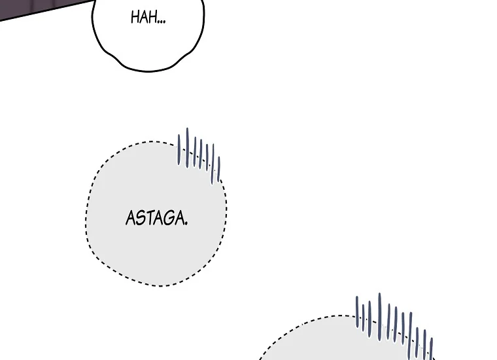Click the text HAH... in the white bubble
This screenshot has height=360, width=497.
[148, 18]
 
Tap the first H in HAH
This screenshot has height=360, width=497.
[135, 18]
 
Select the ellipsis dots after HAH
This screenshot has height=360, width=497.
[162, 22]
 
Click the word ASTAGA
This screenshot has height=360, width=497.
[156, 218]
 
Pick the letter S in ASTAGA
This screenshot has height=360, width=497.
[141, 218]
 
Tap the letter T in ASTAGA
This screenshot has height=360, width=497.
[150, 218]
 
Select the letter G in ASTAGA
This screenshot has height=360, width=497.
[168, 218]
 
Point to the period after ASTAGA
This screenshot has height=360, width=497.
[186, 224]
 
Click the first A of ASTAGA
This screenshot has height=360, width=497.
[131, 218]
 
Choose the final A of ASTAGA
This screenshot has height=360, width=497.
[179, 218]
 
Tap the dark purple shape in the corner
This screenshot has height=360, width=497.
[38, 8]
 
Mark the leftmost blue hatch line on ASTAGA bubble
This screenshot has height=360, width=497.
[179, 150]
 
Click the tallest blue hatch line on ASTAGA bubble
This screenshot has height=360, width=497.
[187, 147]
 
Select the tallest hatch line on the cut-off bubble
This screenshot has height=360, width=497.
[379, 317]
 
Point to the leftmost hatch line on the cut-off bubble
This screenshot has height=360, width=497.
[357, 312]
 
